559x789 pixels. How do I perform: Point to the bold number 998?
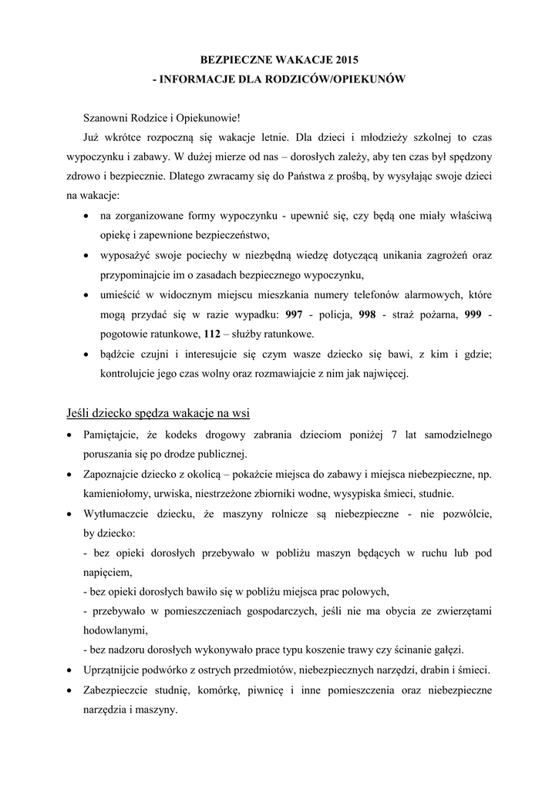[x=368, y=315]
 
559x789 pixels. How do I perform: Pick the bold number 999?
[x=473, y=315]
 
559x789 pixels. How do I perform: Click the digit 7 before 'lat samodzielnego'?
[x=394, y=435]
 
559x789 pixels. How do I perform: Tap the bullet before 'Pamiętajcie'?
[x=71, y=435]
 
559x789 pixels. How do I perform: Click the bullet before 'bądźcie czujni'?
[x=87, y=355]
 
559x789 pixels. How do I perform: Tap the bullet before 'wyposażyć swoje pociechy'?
[x=87, y=255]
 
